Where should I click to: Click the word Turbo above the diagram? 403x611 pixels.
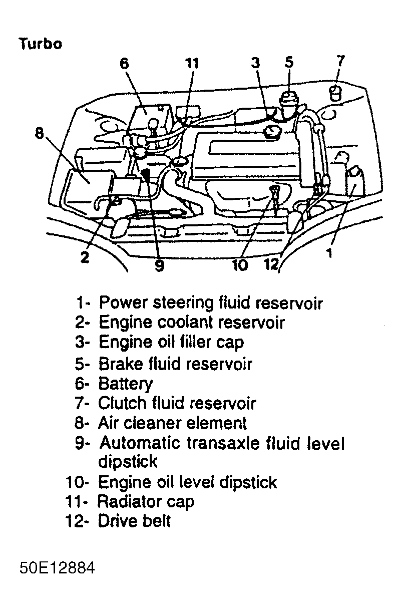(x=40, y=44)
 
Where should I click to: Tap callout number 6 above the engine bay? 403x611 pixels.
(x=124, y=64)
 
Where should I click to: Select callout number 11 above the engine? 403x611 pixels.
(x=192, y=64)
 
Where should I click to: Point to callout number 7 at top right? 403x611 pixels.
(x=340, y=61)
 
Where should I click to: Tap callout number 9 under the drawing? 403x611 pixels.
(x=159, y=266)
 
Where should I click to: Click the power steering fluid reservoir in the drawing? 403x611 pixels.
(x=354, y=180)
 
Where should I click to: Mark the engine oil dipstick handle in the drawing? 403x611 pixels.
(x=275, y=189)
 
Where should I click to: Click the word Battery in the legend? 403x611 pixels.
(x=125, y=384)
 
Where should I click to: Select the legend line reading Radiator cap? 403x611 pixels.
(x=145, y=501)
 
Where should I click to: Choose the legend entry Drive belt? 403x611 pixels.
(x=134, y=521)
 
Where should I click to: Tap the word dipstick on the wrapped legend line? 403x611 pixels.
(x=128, y=462)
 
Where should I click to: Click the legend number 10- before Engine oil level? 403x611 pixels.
(x=77, y=482)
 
